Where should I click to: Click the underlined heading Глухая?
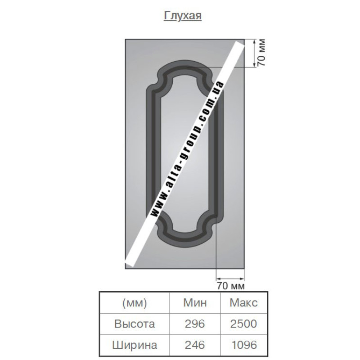[x=183, y=16]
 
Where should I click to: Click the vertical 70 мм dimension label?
[x=261, y=53]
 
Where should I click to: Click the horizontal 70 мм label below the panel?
[x=231, y=286]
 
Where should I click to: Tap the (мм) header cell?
[x=135, y=303]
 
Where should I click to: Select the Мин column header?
[x=195, y=302]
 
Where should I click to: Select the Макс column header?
[x=243, y=302]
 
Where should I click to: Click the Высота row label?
[x=135, y=324]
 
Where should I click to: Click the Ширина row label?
[x=135, y=345]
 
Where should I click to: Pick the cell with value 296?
[x=195, y=324]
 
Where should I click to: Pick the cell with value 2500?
[x=243, y=324]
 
